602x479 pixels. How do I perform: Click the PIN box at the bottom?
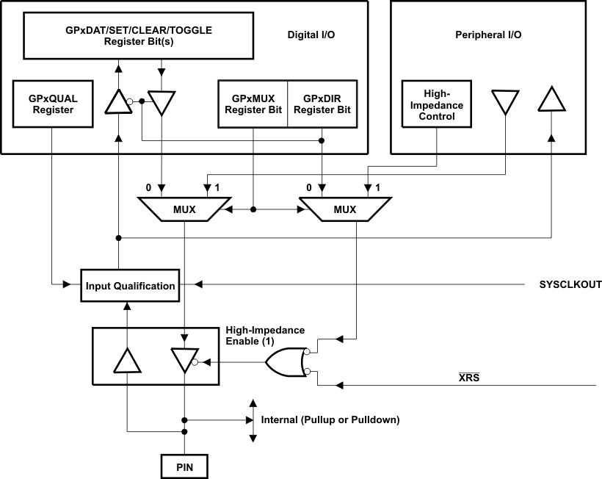click(184, 466)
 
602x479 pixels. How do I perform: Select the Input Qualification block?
click(130, 285)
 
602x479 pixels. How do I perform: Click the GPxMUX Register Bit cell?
click(253, 104)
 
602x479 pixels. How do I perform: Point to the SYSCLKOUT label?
click(570, 285)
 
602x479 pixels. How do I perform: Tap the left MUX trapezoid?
click(184, 209)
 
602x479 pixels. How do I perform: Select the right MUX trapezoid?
click(344, 209)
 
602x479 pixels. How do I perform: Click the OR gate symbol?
click(286, 362)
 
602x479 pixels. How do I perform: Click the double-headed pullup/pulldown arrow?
click(253, 421)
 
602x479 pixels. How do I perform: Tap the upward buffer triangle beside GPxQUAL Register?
click(117, 101)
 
